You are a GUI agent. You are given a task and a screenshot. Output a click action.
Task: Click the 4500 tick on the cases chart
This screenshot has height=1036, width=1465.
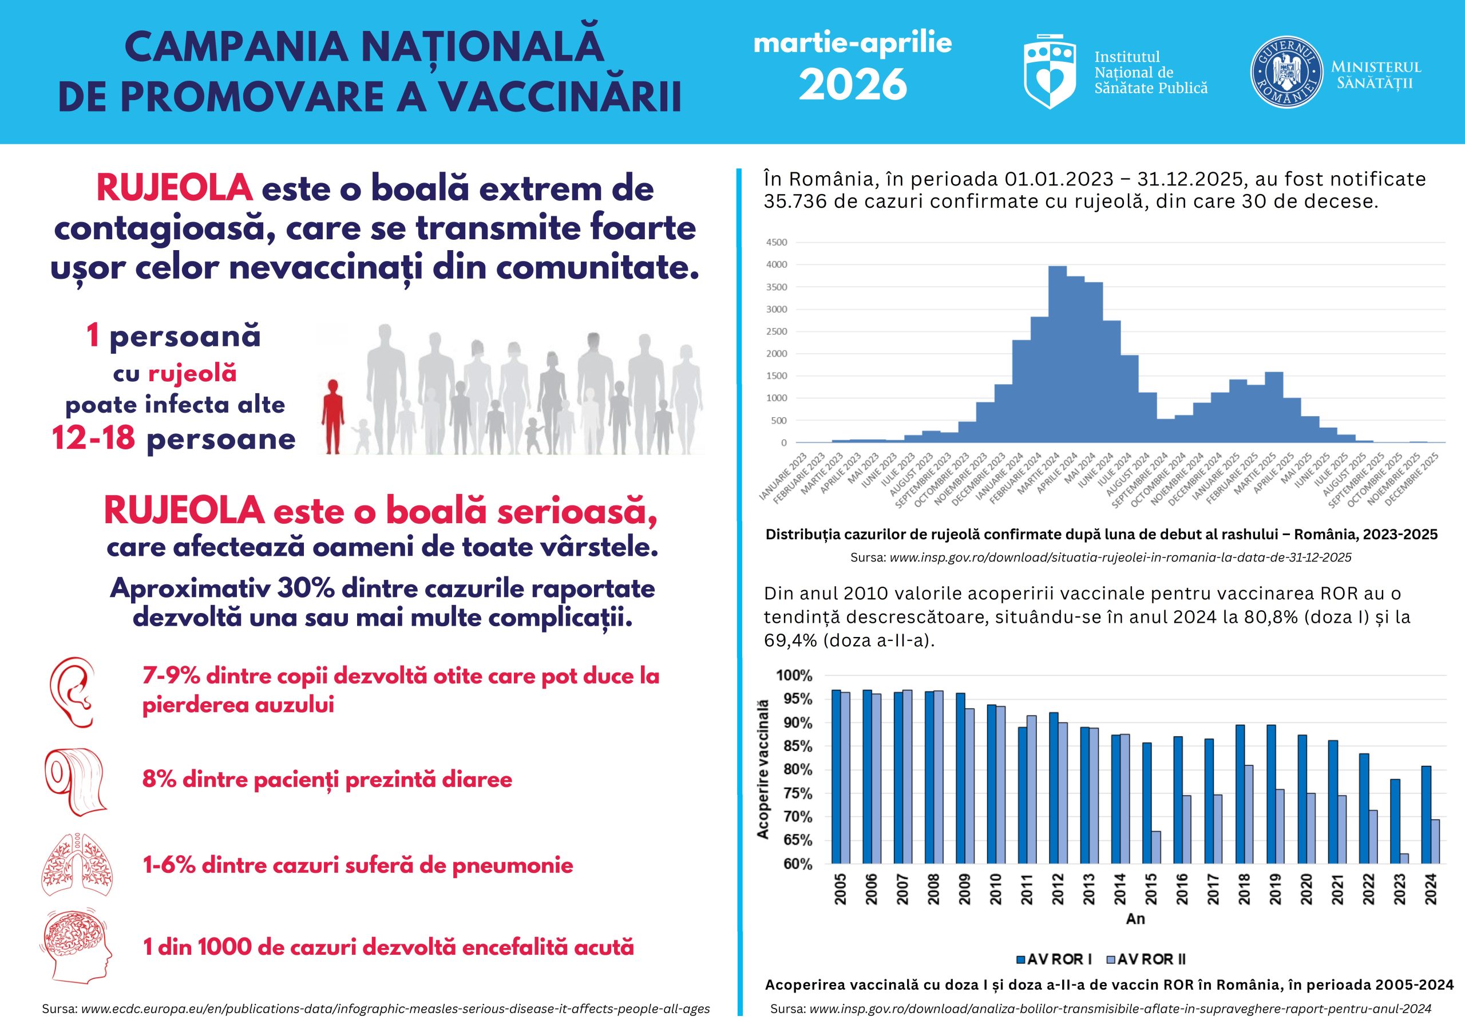[x=777, y=243]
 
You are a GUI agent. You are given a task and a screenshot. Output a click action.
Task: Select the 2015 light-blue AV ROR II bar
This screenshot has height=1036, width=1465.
[x=1155, y=847]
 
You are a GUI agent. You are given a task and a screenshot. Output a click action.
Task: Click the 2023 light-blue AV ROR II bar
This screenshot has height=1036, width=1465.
[x=1404, y=859]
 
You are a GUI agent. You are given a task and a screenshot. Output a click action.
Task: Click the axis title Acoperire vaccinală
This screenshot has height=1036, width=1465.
[x=763, y=769]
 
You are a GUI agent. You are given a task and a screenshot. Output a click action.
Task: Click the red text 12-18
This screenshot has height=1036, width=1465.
[x=94, y=438]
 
